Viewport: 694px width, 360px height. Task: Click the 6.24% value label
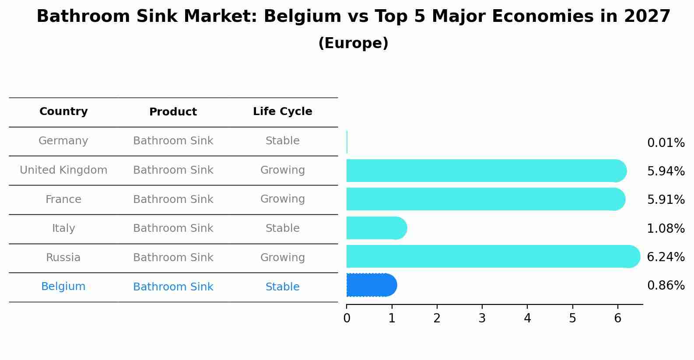(x=666, y=257)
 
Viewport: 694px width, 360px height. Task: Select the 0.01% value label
(x=666, y=143)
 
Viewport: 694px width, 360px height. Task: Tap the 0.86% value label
(x=666, y=286)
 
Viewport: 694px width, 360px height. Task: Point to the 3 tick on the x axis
(x=482, y=318)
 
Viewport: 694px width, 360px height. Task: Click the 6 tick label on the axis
(x=617, y=318)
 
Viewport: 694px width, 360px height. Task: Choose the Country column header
(x=63, y=112)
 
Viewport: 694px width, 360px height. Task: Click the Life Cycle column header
(x=282, y=112)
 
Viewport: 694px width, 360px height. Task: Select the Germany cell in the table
(x=63, y=141)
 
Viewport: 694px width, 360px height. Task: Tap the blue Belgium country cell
(x=63, y=287)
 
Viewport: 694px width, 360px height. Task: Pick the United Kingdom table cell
(x=63, y=170)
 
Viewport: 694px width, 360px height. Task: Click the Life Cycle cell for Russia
(x=282, y=258)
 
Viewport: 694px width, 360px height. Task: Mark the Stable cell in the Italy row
(x=282, y=228)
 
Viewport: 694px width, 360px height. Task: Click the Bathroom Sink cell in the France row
(x=173, y=199)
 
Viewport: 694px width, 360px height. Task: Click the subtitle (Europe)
(x=353, y=43)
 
